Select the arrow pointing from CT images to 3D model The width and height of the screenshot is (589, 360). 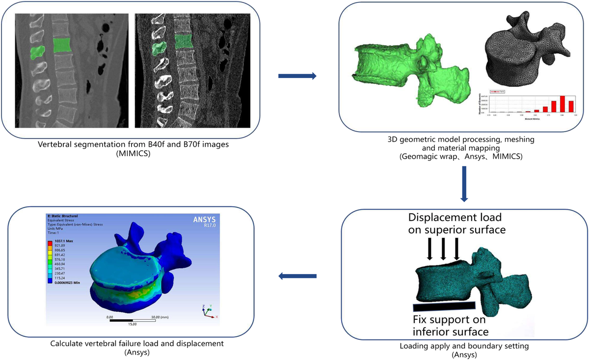pos(296,76)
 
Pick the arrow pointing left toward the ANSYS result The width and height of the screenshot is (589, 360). pos(296,277)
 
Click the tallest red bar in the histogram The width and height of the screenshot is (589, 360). pos(562,104)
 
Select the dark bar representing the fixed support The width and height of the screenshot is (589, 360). pos(444,307)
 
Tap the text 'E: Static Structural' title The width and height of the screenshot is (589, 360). pos(62,216)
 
